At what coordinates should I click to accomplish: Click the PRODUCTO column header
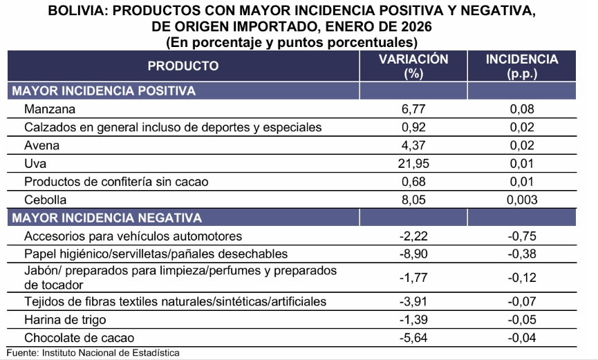pos(183,66)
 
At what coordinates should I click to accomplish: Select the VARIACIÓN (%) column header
pos(413,66)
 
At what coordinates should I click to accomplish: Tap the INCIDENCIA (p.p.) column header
pos(522,66)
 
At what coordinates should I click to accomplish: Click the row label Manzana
pos(48,109)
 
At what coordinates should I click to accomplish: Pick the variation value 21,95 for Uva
pos(413,164)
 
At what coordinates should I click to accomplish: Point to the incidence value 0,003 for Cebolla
pos(522,200)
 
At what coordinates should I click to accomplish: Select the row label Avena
pos(41,146)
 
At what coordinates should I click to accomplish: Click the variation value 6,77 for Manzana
pos(413,109)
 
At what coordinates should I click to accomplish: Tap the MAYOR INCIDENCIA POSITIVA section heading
pos(104,91)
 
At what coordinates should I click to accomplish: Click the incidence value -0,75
pos(522,236)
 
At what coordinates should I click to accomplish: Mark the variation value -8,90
pos(413,254)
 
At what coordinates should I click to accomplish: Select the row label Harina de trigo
pos(66,320)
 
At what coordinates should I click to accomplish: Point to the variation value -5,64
pos(413,338)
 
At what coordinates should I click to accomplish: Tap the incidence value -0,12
pos(522,278)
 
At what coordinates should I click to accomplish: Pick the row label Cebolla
pos(45,200)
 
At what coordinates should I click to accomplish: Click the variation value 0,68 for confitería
pos(413,182)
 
